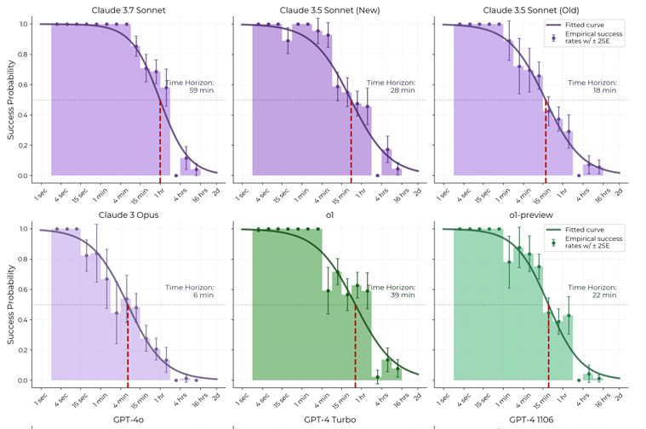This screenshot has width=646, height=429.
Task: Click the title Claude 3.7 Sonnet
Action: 129,10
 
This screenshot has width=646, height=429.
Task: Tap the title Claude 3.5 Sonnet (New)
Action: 329,10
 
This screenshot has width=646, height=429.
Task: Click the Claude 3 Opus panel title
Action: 129,215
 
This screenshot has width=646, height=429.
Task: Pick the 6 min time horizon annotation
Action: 190,291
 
